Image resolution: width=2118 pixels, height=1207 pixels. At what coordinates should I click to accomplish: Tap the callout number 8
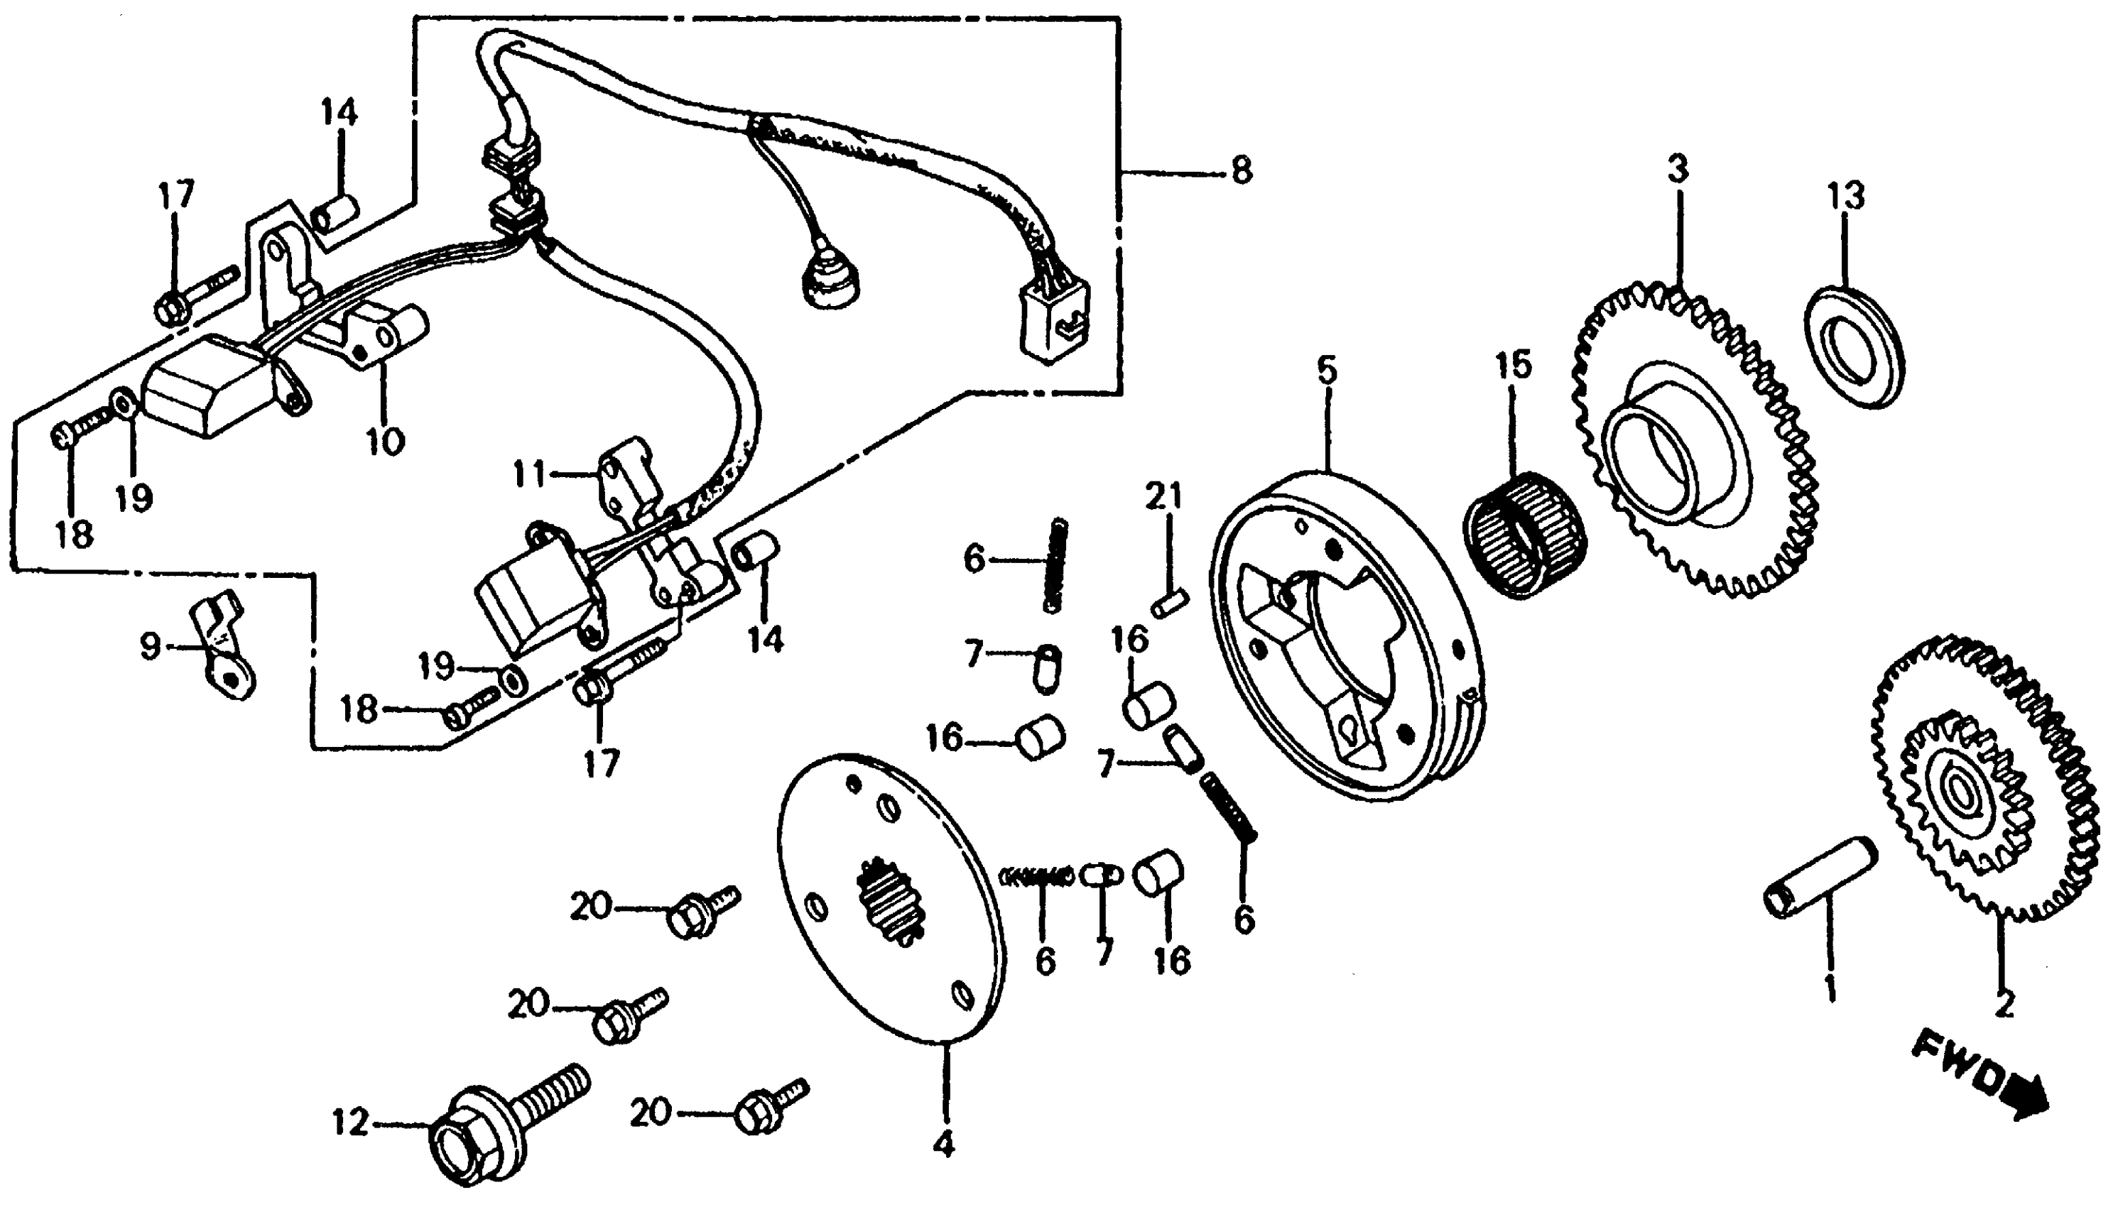pos(1241,173)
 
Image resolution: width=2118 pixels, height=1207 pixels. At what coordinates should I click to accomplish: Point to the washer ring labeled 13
pos(1855,346)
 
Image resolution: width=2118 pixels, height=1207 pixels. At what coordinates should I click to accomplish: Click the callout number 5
pos(1327,371)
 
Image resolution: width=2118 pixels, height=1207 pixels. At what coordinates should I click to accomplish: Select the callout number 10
pos(385,439)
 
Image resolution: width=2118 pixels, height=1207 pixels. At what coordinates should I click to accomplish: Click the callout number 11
pos(530,475)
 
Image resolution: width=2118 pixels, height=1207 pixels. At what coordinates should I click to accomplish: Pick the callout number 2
pos(2004,1005)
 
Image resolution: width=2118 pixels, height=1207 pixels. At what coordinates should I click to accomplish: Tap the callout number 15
pos(1514,366)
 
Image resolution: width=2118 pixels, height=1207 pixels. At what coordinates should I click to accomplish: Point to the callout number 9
pos(150,647)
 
